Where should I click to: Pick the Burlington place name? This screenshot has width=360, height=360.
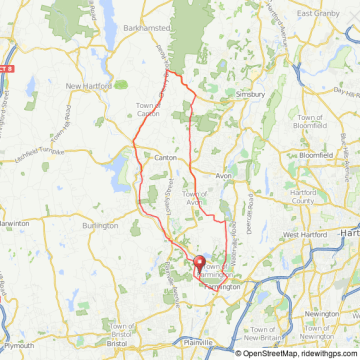(x=100, y=226)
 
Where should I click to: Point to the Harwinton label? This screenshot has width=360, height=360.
(x=12, y=222)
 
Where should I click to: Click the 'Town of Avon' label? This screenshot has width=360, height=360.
(x=196, y=196)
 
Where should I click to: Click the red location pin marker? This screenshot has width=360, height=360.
(x=198, y=267)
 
